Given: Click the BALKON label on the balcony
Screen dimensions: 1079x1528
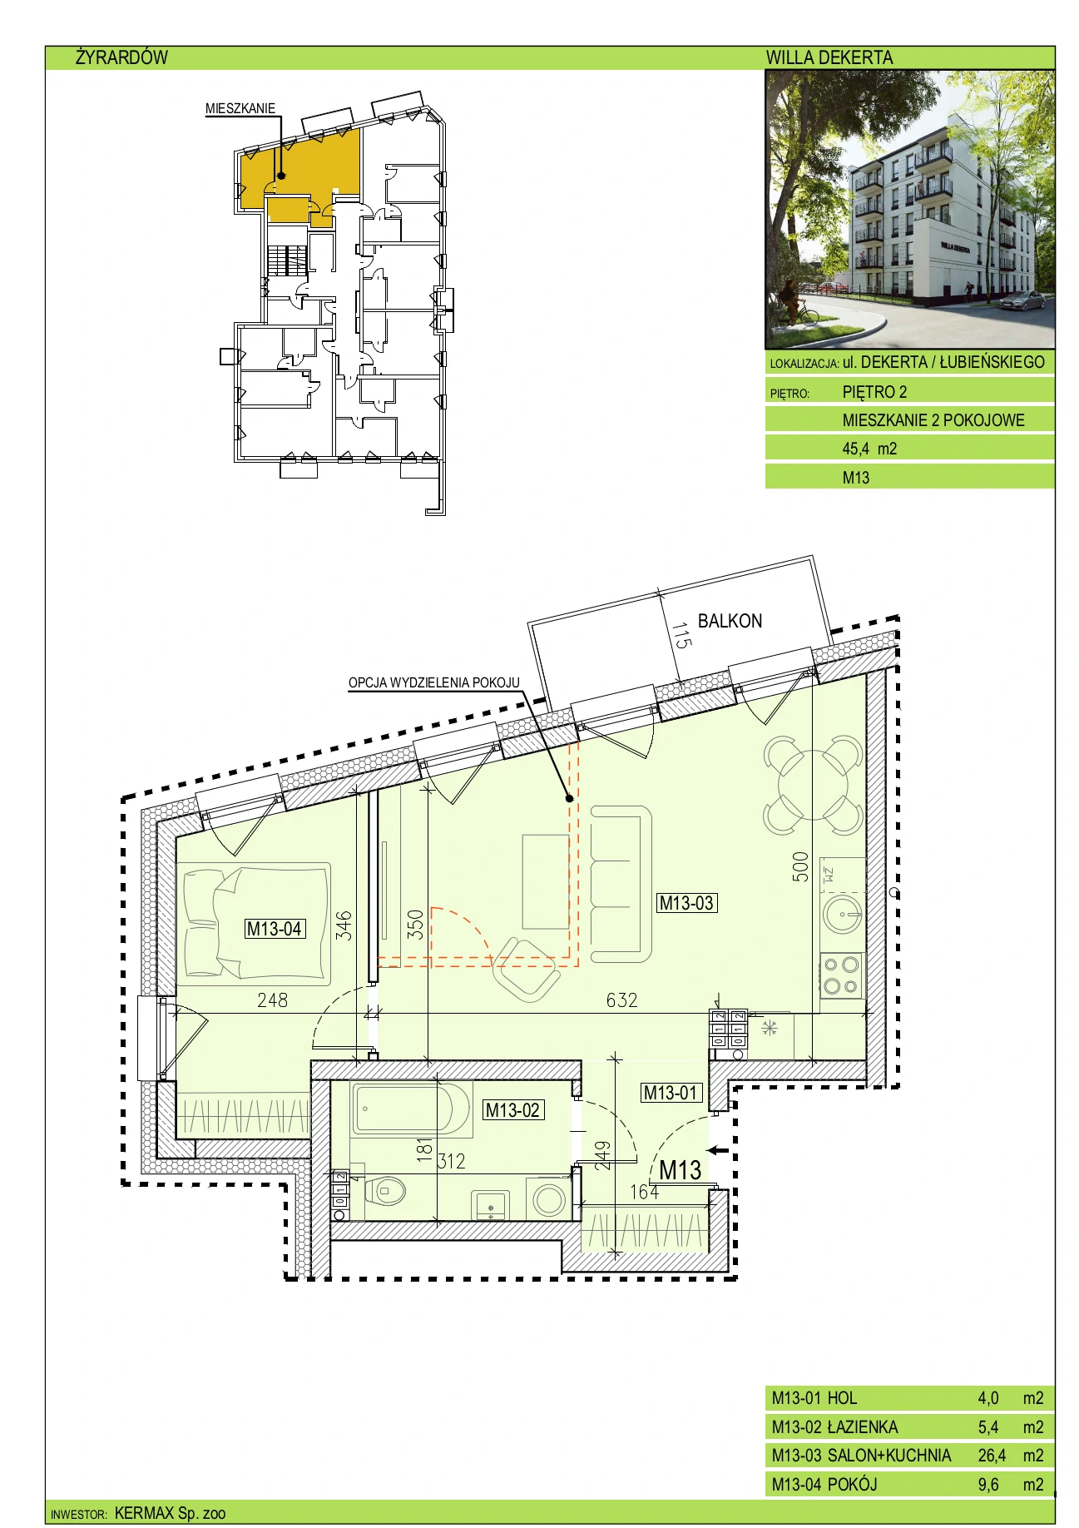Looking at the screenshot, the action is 730,621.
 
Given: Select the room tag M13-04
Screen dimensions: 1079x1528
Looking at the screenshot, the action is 274,929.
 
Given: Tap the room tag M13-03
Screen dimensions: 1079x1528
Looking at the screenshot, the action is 686,903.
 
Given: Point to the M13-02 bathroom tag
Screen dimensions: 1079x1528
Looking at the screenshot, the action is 512,1109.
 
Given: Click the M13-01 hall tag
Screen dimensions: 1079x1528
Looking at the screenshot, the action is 671,1093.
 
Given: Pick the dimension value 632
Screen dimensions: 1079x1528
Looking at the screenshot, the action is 621,1000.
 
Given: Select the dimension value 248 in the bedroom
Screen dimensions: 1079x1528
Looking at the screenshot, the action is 272,1000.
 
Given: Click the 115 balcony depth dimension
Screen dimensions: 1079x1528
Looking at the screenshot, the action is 681,636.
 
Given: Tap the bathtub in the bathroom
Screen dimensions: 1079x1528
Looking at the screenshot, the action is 403,1109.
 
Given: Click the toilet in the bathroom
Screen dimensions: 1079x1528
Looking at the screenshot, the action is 383,1191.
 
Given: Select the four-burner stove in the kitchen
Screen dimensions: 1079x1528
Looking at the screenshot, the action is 842,975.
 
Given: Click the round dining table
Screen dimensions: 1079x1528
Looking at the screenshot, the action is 813,785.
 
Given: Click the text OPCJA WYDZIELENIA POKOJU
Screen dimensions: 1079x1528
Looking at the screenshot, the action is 434,683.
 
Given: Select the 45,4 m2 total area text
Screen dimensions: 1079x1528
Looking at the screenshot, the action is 869,449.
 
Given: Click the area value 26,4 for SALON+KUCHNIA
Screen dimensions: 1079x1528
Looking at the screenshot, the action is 992,1456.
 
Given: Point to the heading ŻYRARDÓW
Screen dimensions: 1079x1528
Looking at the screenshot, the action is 121,57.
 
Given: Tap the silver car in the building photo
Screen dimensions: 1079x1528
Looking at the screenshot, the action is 1022,300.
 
